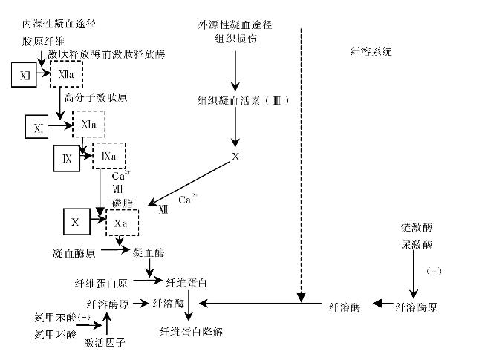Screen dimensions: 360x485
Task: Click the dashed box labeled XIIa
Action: (x=65, y=74)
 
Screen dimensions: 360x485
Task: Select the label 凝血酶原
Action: (x=74, y=253)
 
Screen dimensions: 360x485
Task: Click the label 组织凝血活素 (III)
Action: (x=238, y=100)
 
